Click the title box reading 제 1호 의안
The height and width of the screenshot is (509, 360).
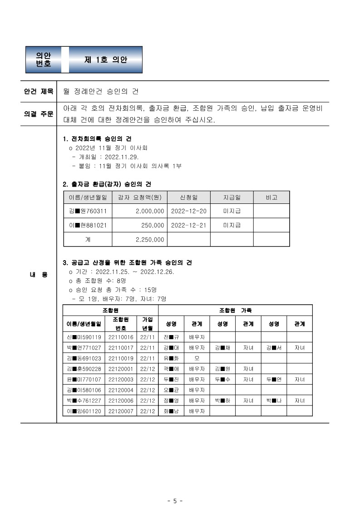coord(106,59)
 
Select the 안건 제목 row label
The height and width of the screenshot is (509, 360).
coord(39,91)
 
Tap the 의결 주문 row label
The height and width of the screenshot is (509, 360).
coord(39,114)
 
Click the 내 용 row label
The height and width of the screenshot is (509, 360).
coord(39,275)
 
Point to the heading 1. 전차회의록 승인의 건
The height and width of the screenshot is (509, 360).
coord(98,138)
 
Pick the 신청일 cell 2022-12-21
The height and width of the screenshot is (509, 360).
coord(188,225)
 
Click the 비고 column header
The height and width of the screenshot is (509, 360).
coord(271,198)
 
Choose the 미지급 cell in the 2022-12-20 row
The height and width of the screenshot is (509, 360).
coord(232,211)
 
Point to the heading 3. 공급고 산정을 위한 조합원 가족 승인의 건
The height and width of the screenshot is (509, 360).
coord(127,263)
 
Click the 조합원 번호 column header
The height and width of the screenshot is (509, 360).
coord(121,324)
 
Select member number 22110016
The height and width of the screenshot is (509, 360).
coord(121,337)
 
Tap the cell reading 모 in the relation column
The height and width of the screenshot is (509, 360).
coord(197,358)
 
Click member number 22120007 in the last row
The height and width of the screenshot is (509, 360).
coord(121,411)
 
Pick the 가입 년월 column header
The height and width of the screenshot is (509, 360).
coord(148,324)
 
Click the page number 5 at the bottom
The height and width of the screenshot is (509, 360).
coord(175,501)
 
